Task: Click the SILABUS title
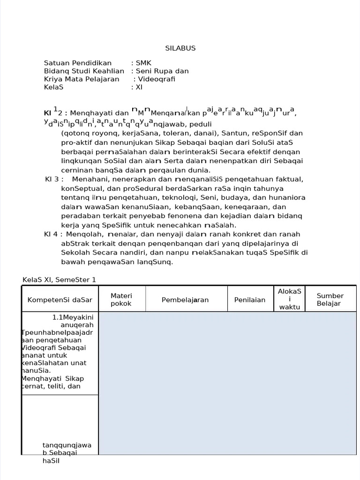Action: [180, 48]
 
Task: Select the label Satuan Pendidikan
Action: [78, 63]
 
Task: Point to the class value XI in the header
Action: [139, 87]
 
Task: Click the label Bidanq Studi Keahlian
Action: [84, 71]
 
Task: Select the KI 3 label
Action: [52, 179]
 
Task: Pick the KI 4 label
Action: [52, 234]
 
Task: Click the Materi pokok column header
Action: [121, 300]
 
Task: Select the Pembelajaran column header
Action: [185, 300]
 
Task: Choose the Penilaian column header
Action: [251, 300]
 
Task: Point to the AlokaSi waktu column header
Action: [289, 299]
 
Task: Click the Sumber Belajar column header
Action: [330, 300]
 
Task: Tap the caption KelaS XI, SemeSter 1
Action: [60, 280]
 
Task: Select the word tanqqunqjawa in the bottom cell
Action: [67, 445]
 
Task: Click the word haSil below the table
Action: [51, 461]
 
